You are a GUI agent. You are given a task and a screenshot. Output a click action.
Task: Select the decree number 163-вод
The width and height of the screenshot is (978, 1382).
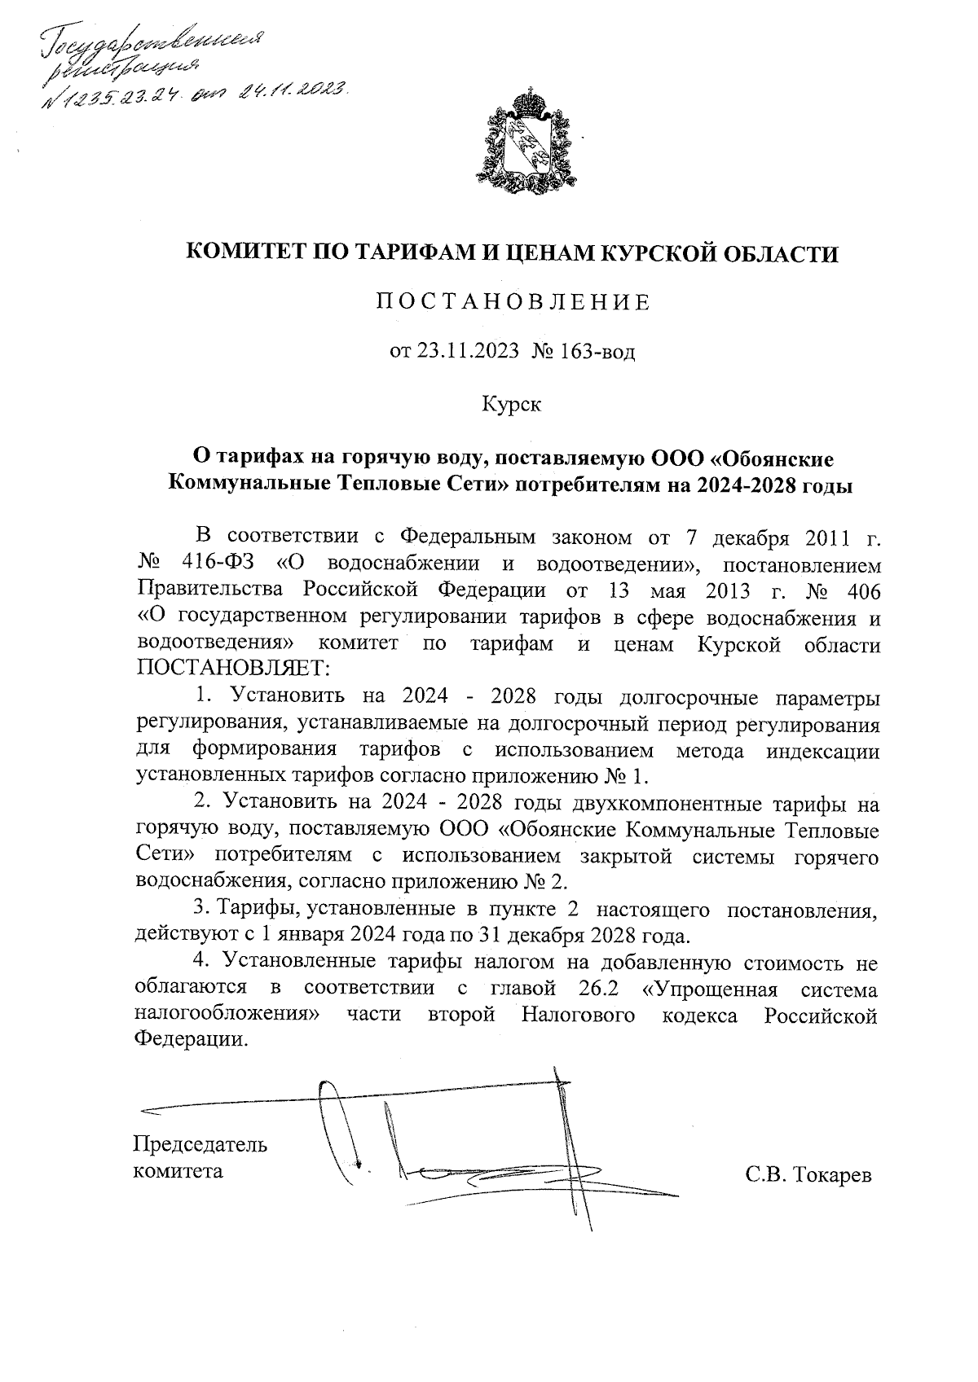tap(597, 352)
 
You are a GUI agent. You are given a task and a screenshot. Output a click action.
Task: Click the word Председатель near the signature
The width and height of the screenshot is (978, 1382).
tap(200, 1144)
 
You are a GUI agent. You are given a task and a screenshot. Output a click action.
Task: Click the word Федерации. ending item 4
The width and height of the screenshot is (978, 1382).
tap(189, 1040)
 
